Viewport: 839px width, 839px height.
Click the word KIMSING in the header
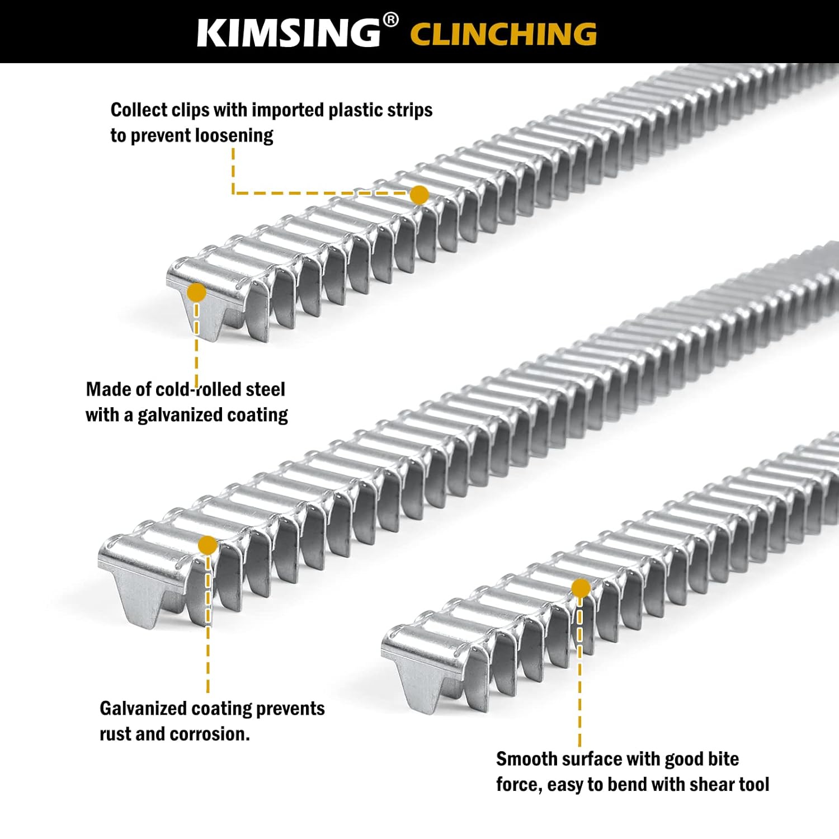(289, 33)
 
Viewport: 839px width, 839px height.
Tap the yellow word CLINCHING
(503, 34)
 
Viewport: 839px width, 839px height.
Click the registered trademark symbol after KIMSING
(391, 21)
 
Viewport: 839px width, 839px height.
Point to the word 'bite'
(724, 759)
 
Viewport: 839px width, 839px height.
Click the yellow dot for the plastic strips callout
(419, 195)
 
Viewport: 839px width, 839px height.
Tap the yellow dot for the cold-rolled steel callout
(196, 292)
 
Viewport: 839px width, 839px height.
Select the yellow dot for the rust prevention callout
(208, 545)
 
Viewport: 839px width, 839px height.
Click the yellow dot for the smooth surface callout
(581, 588)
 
